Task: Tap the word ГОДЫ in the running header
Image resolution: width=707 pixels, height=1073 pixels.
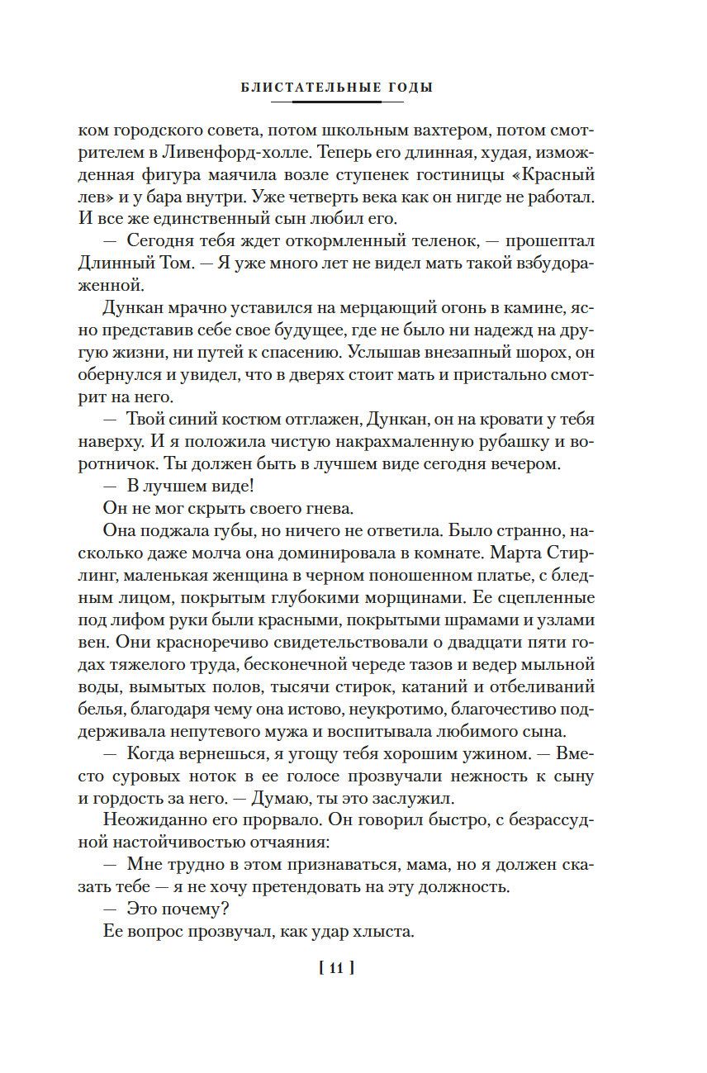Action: [x=410, y=88]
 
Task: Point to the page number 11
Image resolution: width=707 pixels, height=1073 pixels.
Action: [x=335, y=969]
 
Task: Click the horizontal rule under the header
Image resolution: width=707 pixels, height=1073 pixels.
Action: [x=337, y=102]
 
